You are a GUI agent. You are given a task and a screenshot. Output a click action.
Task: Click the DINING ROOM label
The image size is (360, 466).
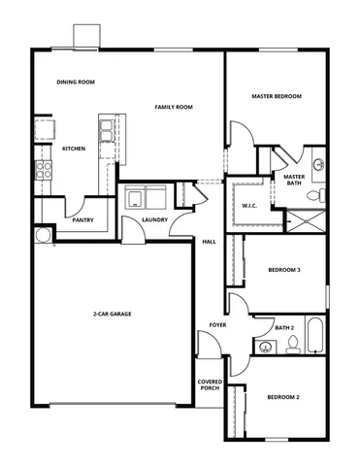click(x=76, y=83)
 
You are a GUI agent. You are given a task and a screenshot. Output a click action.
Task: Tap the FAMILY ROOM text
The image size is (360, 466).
click(x=174, y=106)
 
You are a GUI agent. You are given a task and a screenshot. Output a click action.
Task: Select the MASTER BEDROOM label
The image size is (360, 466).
click(x=277, y=96)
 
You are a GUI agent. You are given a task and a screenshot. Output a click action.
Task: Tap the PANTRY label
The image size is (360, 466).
click(x=82, y=220)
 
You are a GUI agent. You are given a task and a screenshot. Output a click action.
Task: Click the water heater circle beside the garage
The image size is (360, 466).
click(x=42, y=235)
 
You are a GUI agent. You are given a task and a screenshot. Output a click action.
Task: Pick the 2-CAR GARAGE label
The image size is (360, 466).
click(x=113, y=314)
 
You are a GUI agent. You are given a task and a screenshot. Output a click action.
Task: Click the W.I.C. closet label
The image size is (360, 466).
click(x=249, y=206)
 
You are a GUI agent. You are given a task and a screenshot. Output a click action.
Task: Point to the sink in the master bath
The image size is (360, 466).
click(x=319, y=164)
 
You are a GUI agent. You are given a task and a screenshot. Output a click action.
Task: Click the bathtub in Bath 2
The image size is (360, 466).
click(x=316, y=337)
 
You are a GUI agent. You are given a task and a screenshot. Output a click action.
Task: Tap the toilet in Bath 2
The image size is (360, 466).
click(x=292, y=345)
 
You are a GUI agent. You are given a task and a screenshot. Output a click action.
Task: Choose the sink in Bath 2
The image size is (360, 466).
click(x=264, y=346)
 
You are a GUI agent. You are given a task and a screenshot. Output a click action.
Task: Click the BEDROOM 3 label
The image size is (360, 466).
click(x=283, y=271)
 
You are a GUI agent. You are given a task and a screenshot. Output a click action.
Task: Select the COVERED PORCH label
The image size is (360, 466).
click(x=211, y=386)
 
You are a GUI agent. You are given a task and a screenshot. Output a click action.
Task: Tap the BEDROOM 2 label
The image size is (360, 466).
click(x=283, y=398)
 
